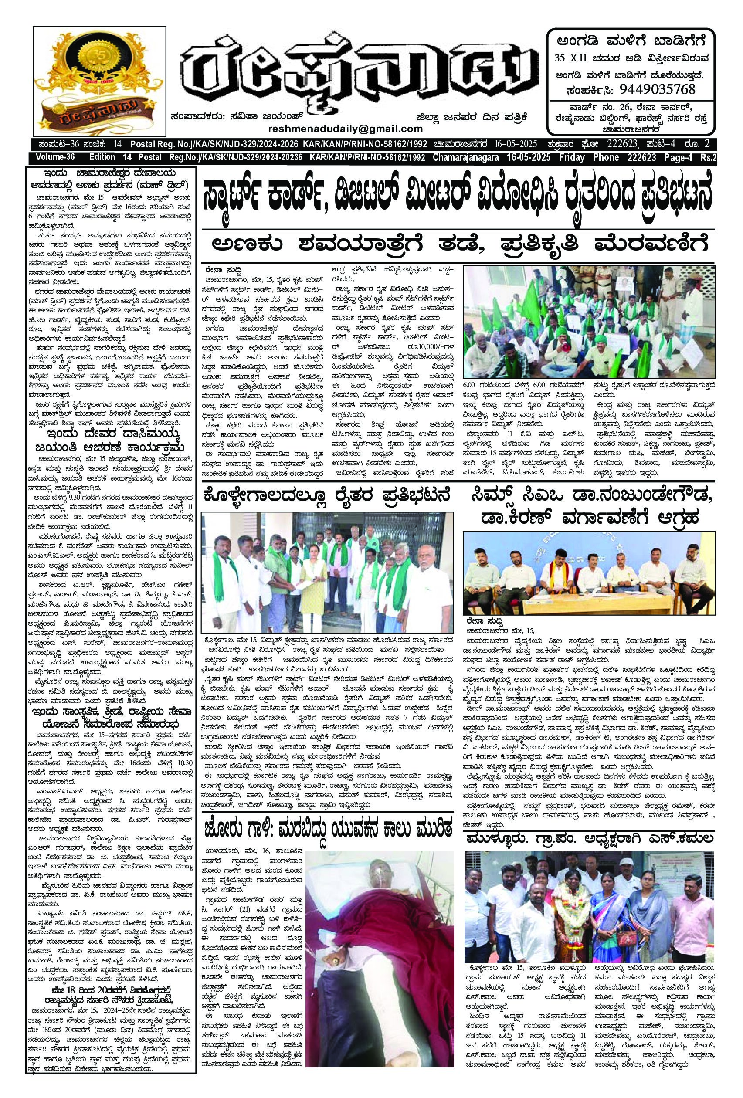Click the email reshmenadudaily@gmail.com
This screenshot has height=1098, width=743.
(x=346, y=129)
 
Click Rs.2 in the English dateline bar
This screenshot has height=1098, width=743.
(x=708, y=157)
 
